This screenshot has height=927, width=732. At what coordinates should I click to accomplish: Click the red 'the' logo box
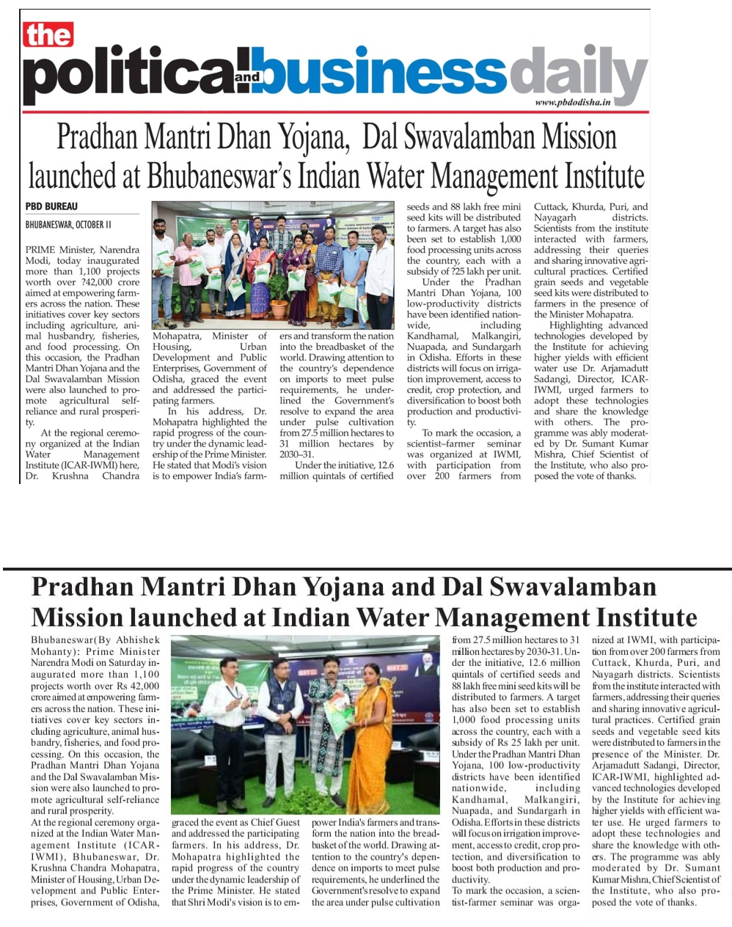(x=48, y=34)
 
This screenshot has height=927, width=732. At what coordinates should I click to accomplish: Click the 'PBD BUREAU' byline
(x=51, y=207)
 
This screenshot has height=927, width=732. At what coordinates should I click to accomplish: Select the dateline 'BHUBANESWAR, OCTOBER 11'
(x=68, y=224)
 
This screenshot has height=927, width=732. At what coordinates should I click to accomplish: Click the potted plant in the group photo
(x=279, y=282)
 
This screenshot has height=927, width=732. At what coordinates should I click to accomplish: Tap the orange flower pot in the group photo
(x=279, y=307)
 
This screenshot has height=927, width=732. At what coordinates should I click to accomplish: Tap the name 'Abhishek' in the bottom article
(x=136, y=640)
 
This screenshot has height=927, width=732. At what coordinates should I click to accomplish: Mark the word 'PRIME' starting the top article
(x=42, y=249)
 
